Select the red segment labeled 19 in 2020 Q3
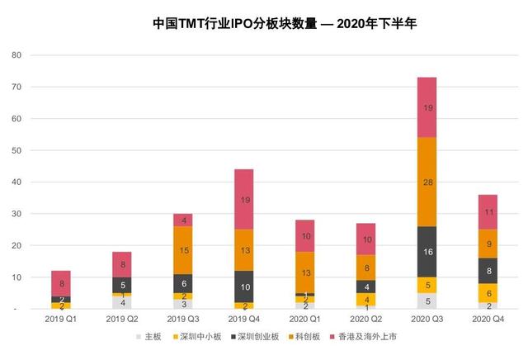click(427, 107)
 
